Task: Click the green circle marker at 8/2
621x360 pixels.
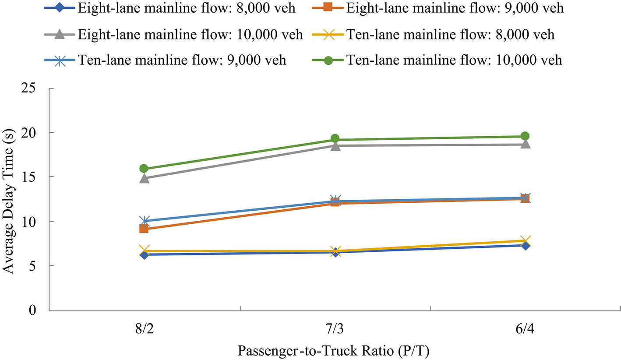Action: tap(144, 169)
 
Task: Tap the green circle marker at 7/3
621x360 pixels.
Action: tap(335, 139)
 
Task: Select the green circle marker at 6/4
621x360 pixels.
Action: tap(525, 136)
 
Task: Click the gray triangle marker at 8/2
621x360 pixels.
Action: tap(144, 178)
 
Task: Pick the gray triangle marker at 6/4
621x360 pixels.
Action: tap(525, 144)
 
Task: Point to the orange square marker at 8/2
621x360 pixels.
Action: tap(144, 229)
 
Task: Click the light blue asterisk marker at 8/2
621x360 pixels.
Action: tap(144, 221)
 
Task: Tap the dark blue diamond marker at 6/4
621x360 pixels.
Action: tap(525, 246)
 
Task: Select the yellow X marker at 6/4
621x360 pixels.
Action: tap(525, 240)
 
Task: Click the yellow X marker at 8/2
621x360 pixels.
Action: tap(144, 251)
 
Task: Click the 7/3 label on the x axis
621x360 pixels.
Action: tap(335, 328)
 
